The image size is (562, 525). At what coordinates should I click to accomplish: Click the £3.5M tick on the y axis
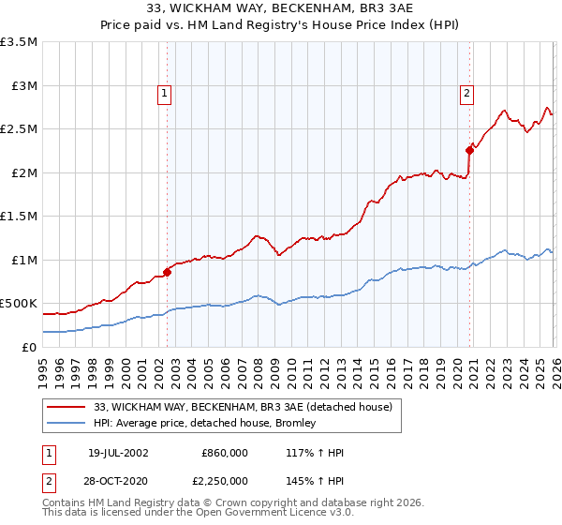pyautogui.click(x=20, y=42)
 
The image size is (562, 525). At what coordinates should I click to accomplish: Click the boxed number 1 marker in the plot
pyautogui.click(x=164, y=93)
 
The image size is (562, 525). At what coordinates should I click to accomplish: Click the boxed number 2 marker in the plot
pyautogui.click(x=466, y=93)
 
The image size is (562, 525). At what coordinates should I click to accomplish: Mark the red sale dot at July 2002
pyautogui.click(x=168, y=272)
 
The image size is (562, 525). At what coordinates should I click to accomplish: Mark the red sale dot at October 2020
pyautogui.click(x=468, y=150)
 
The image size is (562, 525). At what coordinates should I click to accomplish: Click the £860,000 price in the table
pyautogui.click(x=225, y=453)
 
